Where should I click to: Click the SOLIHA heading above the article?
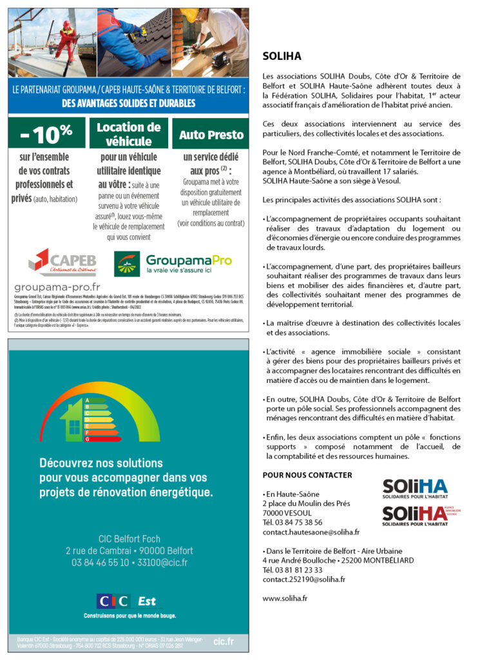tap(282, 56)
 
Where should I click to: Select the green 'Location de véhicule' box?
tap(128, 134)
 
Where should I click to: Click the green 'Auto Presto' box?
tap(211, 135)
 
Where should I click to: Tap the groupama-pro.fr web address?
tap(57, 286)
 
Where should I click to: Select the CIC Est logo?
tap(126, 601)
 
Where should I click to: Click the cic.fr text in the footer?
tap(223, 641)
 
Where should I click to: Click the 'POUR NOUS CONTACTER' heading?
tap(307, 475)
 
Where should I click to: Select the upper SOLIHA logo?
tap(414, 488)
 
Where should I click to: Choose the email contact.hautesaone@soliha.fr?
tap(311, 532)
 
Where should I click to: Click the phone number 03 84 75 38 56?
tap(292, 523)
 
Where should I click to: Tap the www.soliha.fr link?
tap(285, 598)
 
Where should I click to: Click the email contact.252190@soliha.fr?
tap(303, 579)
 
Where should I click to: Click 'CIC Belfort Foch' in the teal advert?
tap(129, 539)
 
